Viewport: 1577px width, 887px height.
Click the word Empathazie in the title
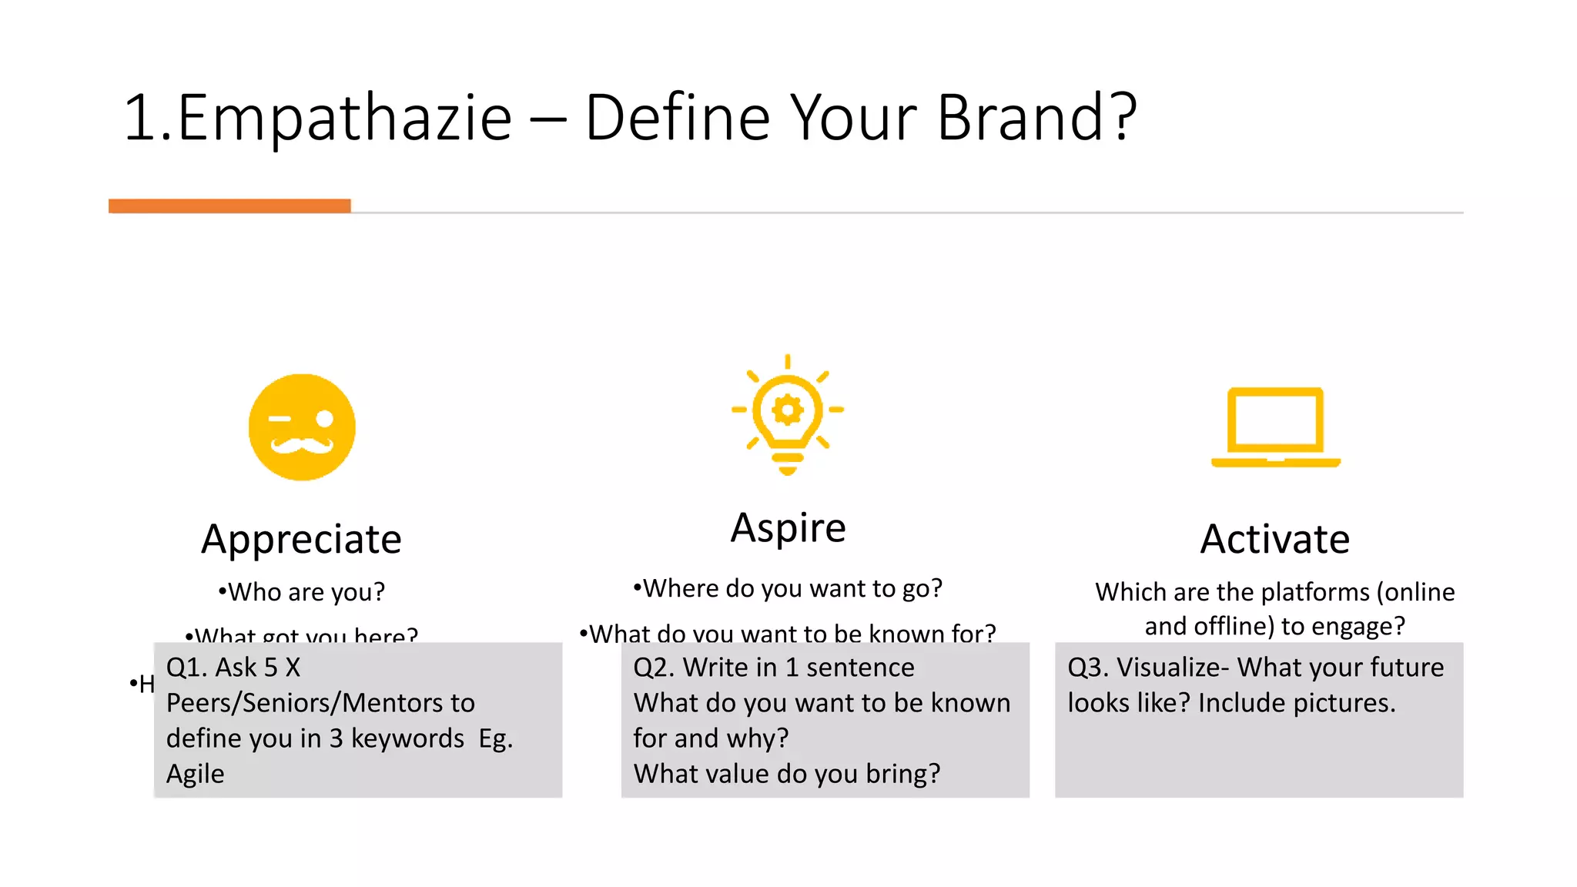pos(344,117)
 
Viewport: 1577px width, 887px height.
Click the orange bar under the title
pos(229,206)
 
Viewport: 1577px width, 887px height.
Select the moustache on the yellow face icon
pos(302,446)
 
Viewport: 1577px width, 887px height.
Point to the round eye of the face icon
pos(324,419)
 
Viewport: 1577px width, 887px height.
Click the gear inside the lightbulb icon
pos(787,410)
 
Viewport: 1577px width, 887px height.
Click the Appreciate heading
pos(301,539)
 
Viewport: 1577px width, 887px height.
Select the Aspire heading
pos(788,528)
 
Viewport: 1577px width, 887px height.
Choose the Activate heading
pos(1274,539)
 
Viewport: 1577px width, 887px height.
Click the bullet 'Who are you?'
pos(302,592)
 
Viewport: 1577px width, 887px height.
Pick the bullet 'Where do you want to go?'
pos(788,588)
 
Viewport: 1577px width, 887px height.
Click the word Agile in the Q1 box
pos(195,774)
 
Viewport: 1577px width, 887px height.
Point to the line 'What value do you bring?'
pos(786,774)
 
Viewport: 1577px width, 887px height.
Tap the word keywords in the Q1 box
pos(407,738)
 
